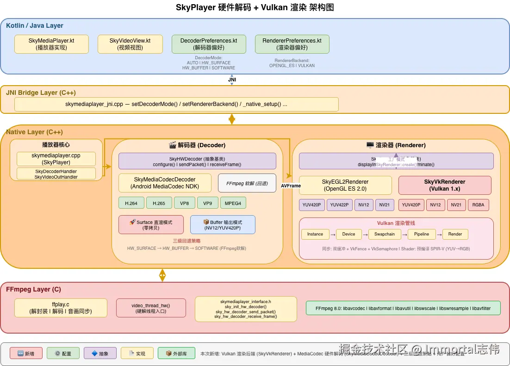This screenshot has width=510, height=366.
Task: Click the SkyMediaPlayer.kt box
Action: pyautogui.click(x=51, y=44)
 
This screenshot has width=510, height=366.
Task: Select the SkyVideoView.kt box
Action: pyautogui.click(x=130, y=44)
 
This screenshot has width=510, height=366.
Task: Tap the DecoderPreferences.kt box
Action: pyautogui.click(x=209, y=44)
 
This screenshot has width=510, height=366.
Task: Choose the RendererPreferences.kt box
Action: pyautogui.click(x=292, y=44)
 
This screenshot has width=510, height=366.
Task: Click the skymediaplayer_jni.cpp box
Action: pyautogui.click(x=176, y=104)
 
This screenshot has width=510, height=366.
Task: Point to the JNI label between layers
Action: pyautogui.click(x=232, y=80)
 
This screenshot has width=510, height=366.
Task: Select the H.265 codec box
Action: pyautogui.click(x=159, y=203)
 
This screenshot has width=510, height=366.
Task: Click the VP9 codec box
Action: pyautogui.click(x=207, y=203)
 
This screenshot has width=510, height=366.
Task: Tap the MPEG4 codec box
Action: pyautogui.click(x=233, y=203)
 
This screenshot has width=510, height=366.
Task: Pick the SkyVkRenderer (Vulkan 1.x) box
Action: pyautogui.click(x=445, y=185)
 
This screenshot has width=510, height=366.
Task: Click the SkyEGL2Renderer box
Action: pyautogui.click(x=345, y=185)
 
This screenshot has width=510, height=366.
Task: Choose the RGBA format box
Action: pyautogui.click(x=479, y=205)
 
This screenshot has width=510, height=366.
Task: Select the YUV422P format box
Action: pyautogui.click(x=340, y=205)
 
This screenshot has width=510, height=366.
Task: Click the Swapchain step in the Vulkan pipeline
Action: pyautogui.click(x=385, y=234)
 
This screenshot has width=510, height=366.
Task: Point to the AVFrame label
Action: pyautogui.click(x=291, y=186)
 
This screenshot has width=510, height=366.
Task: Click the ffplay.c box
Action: pyautogui.click(x=61, y=308)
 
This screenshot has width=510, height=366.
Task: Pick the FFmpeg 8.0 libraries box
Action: pyautogui.click(x=403, y=308)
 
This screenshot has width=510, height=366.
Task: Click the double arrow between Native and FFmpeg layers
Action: pyautogui.click(x=162, y=275)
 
